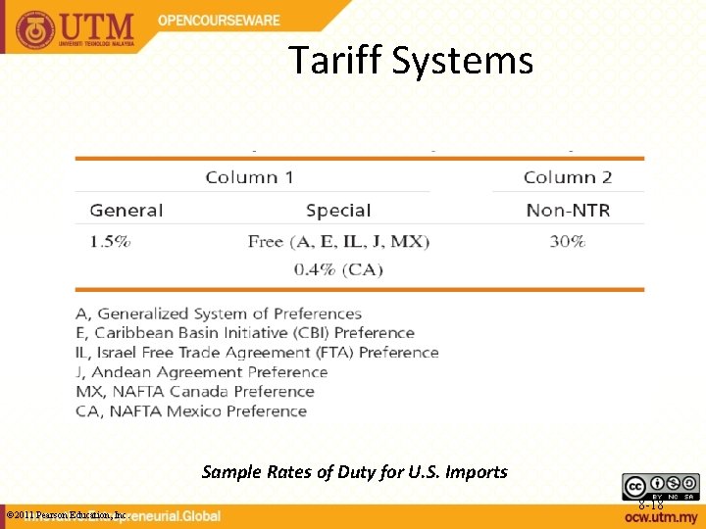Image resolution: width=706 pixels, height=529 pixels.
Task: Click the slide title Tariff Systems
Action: [411, 61]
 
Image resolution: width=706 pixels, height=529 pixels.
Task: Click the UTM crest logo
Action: [35, 29]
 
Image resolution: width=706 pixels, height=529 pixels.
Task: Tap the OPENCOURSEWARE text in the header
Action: [220, 21]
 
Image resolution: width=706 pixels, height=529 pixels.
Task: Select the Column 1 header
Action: [249, 177]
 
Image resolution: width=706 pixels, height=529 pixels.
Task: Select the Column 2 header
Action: [568, 177]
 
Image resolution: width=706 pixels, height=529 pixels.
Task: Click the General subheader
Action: [126, 210]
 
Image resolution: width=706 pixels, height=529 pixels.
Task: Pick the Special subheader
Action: [337, 210]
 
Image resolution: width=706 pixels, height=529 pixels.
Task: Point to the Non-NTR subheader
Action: [568, 210]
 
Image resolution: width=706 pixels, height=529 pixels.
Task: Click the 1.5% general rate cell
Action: [110, 241]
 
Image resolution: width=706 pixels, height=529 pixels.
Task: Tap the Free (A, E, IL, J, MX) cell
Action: [338, 241]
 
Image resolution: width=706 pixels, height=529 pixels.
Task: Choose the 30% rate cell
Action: [567, 241]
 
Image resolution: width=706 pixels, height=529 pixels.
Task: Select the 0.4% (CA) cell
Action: [338, 269]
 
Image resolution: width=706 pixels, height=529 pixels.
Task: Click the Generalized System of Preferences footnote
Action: [219, 313]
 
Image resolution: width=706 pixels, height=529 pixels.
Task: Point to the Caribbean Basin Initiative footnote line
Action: [245, 333]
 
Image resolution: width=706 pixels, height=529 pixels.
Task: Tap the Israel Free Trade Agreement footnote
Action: [257, 353]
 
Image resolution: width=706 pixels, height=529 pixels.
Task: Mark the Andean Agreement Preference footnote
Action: [202, 372]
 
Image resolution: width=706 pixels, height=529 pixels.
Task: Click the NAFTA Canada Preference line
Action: [195, 392]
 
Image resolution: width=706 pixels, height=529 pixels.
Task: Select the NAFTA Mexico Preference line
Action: [191, 411]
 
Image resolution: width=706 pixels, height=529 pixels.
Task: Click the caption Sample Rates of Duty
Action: [354, 472]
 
